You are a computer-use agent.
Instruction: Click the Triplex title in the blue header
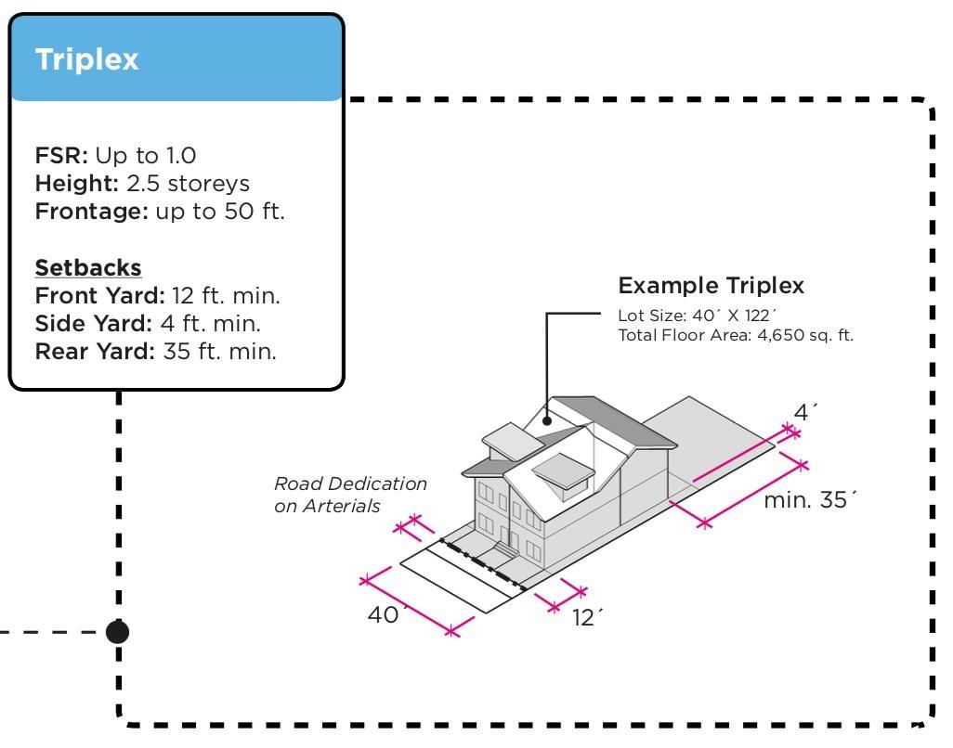(x=86, y=60)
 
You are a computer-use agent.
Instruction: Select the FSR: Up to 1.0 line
(x=116, y=155)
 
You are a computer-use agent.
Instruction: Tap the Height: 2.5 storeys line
(x=142, y=183)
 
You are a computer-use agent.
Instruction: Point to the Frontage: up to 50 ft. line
(x=160, y=211)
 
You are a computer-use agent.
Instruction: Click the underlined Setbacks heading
(x=88, y=268)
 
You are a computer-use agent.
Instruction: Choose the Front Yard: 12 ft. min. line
(x=157, y=296)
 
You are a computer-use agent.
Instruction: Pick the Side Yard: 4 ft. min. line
(x=148, y=324)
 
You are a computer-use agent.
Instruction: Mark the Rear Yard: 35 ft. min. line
(x=155, y=352)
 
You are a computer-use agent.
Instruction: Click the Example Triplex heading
(x=711, y=285)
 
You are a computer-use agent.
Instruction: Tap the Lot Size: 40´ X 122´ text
(x=696, y=316)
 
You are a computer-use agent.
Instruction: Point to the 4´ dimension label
(x=805, y=412)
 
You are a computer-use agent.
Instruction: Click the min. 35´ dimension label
(x=809, y=501)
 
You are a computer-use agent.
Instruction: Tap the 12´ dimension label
(x=585, y=618)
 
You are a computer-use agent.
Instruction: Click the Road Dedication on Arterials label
(x=350, y=495)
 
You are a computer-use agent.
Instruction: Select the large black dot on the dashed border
(x=117, y=632)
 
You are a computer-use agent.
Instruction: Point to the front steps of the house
(x=503, y=551)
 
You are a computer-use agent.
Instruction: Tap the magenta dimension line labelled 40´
(x=410, y=605)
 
